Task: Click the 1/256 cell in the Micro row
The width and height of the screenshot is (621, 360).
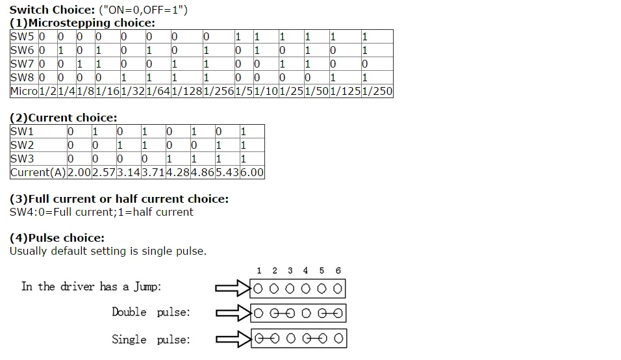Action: pyautogui.click(x=219, y=92)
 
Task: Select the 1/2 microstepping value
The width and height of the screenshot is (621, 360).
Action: pyautogui.click(x=48, y=92)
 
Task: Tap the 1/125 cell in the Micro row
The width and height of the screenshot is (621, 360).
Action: pyautogui.click(x=346, y=92)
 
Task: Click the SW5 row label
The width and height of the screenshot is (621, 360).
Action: pyautogui.click(x=22, y=37)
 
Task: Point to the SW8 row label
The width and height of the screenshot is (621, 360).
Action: pyautogui.click(x=22, y=77)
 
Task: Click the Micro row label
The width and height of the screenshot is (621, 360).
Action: pyautogui.click(x=24, y=92)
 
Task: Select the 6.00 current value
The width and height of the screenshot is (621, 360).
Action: pyautogui.click(x=252, y=173)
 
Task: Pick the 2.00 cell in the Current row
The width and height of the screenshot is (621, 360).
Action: pyautogui.click(x=79, y=173)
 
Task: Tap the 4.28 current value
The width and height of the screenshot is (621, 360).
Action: pyautogui.click(x=178, y=173)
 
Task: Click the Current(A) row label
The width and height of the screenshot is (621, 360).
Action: pyautogui.click(x=38, y=173)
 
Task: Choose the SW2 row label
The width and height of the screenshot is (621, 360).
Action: pyautogui.click(x=22, y=146)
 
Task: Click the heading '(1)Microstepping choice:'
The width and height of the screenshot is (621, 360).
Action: pyautogui.click(x=82, y=23)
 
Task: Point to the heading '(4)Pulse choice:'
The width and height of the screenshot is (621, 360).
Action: pyautogui.click(x=57, y=238)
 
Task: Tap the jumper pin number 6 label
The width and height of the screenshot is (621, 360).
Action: pyautogui.click(x=338, y=270)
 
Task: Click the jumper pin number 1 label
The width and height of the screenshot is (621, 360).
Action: pyautogui.click(x=259, y=270)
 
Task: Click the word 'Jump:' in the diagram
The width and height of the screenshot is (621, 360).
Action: pyautogui.click(x=147, y=287)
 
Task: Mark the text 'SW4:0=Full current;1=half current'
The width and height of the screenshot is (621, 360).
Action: pyautogui.click(x=101, y=212)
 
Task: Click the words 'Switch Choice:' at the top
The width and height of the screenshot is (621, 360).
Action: pyautogui.click(x=52, y=10)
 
